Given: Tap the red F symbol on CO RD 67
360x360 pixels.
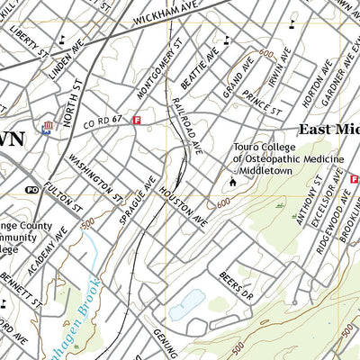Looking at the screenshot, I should (137, 120).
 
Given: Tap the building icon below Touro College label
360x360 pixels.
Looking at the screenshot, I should (232, 183).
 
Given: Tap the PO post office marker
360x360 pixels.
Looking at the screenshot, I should (31, 191).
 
